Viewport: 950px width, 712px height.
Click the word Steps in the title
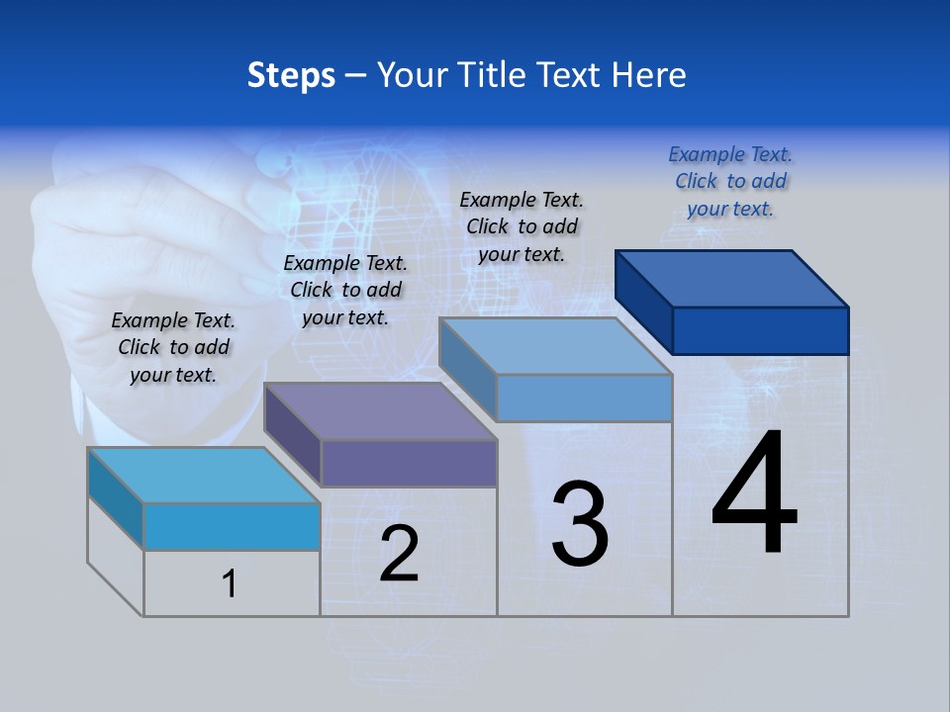coord(291,75)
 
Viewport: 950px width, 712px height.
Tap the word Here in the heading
coord(649,75)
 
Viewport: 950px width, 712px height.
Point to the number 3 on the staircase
coord(580,524)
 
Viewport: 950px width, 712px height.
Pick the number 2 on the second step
coord(399,554)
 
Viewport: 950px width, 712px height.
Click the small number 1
coord(230,583)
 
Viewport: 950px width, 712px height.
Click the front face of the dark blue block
coord(760,330)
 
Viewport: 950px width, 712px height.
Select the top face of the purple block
coord(380,411)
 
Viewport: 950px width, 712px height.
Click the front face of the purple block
coord(408,463)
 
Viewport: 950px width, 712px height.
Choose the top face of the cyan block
coord(204,476)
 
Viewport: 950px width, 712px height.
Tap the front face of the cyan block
coord(232,526)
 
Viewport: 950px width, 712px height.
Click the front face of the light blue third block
coord(584,398)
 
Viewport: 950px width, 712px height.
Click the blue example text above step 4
coord(730,181)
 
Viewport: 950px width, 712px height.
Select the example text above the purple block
coord(345,290)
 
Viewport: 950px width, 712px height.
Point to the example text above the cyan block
coord(173,347)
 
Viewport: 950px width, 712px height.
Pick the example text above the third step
coord(522,226)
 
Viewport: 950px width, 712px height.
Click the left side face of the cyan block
coord(116,497)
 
